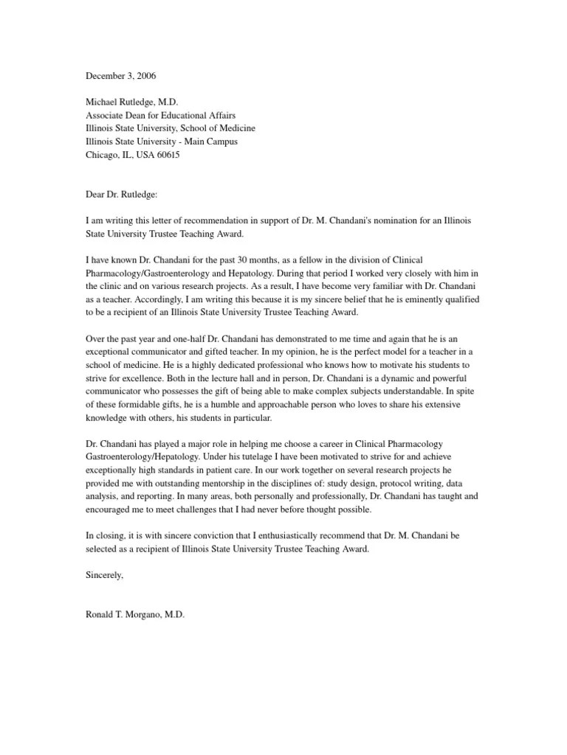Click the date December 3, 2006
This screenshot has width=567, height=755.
coord(121,76)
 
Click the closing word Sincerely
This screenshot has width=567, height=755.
coord(104,576)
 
